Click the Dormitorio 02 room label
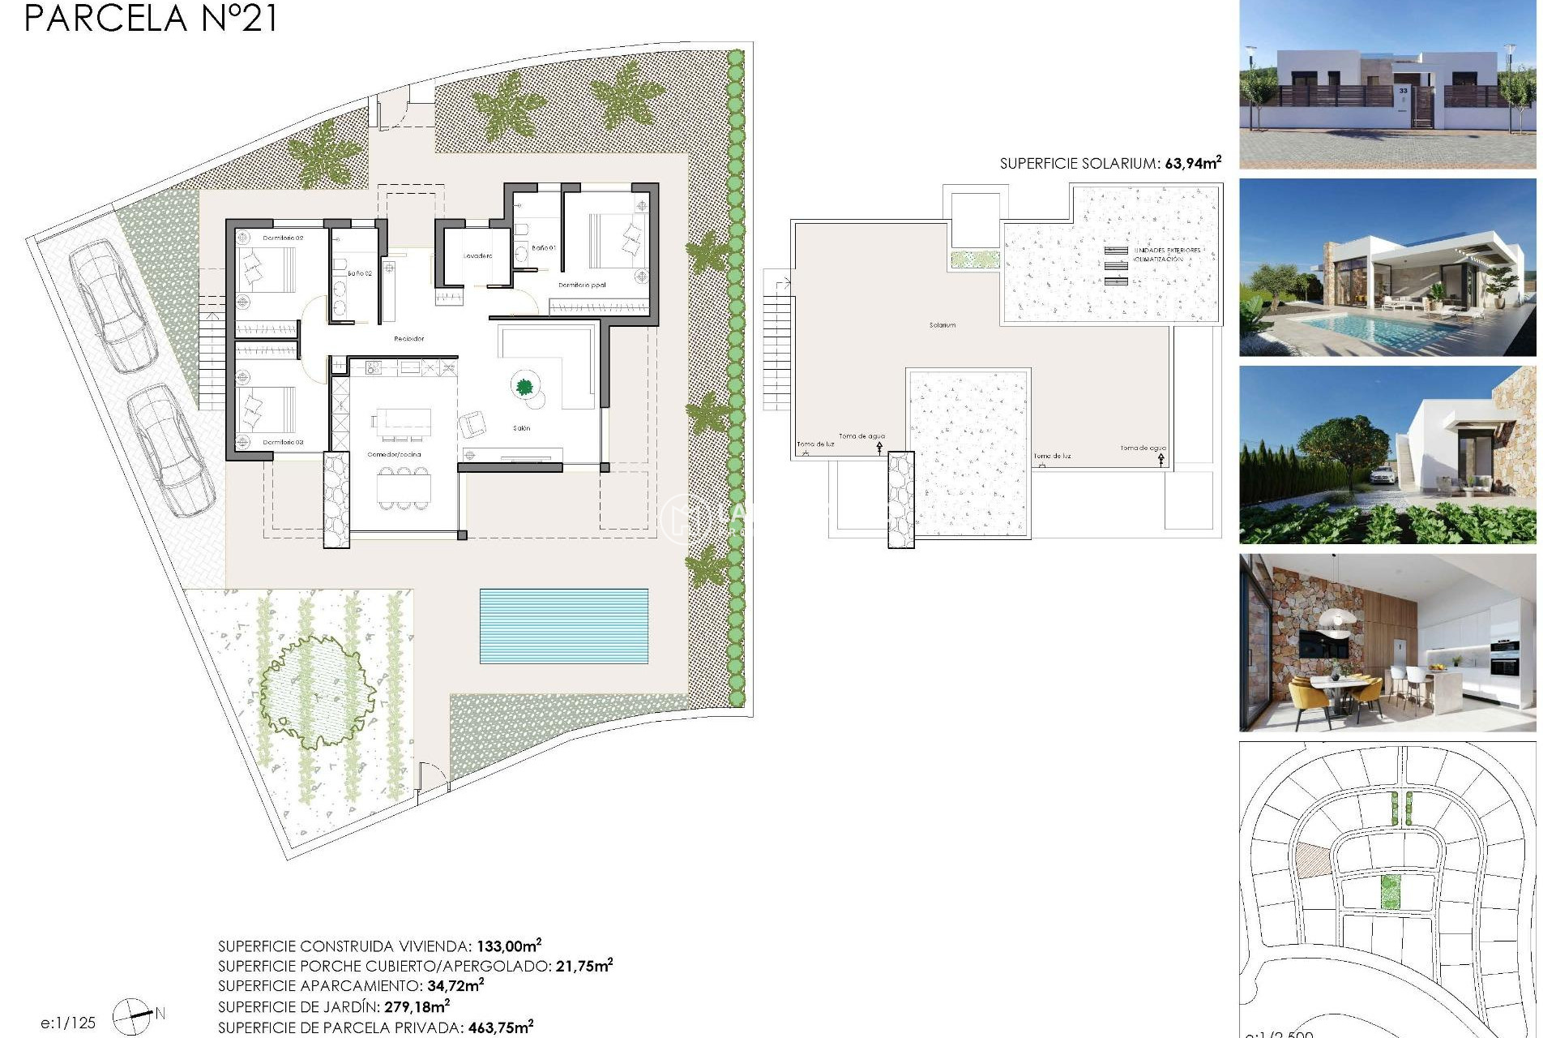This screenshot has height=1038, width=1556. tap(283, 238)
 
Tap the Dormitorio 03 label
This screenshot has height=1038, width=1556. tap(283, 443)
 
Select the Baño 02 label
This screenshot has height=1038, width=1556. tap(360, 274)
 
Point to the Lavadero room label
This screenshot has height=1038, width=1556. tap(477, 256)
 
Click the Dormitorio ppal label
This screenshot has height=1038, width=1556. tap(582, 285)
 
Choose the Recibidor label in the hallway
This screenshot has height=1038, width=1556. tap(408, 339)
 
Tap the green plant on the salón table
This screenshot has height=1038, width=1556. tap(524, 387)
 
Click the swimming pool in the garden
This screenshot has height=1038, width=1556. tap(563, 625)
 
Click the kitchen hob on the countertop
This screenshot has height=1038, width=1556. tap(374, 368)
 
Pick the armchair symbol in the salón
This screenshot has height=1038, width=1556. tap(472, 423)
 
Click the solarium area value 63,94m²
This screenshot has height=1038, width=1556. tap(1192, 163)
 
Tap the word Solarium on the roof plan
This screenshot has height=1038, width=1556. tap(942, 325)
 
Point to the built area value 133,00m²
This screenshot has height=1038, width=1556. tap(508, 946)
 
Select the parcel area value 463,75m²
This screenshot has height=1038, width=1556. tap(500, 1027)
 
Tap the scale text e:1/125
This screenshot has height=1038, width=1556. tap(68, 1023)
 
